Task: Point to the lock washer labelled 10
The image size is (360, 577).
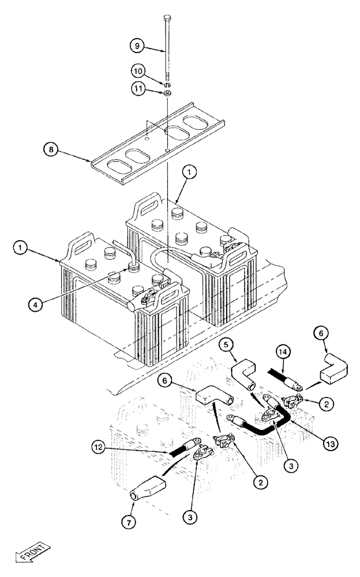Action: coord(167,85)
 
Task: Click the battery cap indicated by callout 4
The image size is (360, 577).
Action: coord(134,269)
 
